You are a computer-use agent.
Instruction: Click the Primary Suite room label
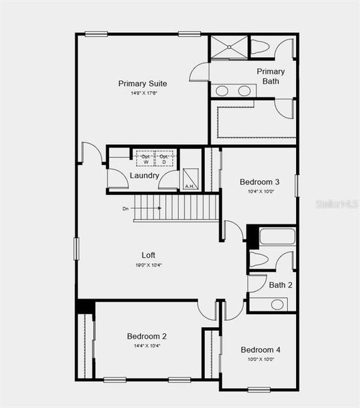pos(142,84)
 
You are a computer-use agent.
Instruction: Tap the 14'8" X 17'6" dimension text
pos(142,93)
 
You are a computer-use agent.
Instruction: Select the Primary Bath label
pos(270,76)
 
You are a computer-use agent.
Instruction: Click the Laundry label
pos(144,175)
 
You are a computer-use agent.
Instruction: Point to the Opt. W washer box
pos(145,159)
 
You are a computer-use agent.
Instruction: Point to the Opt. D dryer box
pos(163,159)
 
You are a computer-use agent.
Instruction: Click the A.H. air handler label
pos(190,186)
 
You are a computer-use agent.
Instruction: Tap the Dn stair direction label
pos(125,209)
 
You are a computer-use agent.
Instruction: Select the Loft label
pos(148,255)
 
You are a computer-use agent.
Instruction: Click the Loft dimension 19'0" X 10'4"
pos(148,265)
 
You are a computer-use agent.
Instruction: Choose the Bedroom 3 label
pos(259,182)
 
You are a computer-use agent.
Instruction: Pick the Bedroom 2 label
pos(146,336)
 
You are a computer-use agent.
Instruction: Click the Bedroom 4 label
pos(259,350)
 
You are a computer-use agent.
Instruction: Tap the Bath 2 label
pos(280,285)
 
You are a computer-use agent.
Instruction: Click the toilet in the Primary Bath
pos(261,48)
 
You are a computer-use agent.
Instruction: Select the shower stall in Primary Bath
pos(229,47)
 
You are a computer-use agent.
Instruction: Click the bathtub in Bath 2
pos(277,237)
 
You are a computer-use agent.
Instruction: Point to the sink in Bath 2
pos(277,303)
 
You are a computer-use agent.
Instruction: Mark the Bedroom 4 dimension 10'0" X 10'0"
pos(259,359)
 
